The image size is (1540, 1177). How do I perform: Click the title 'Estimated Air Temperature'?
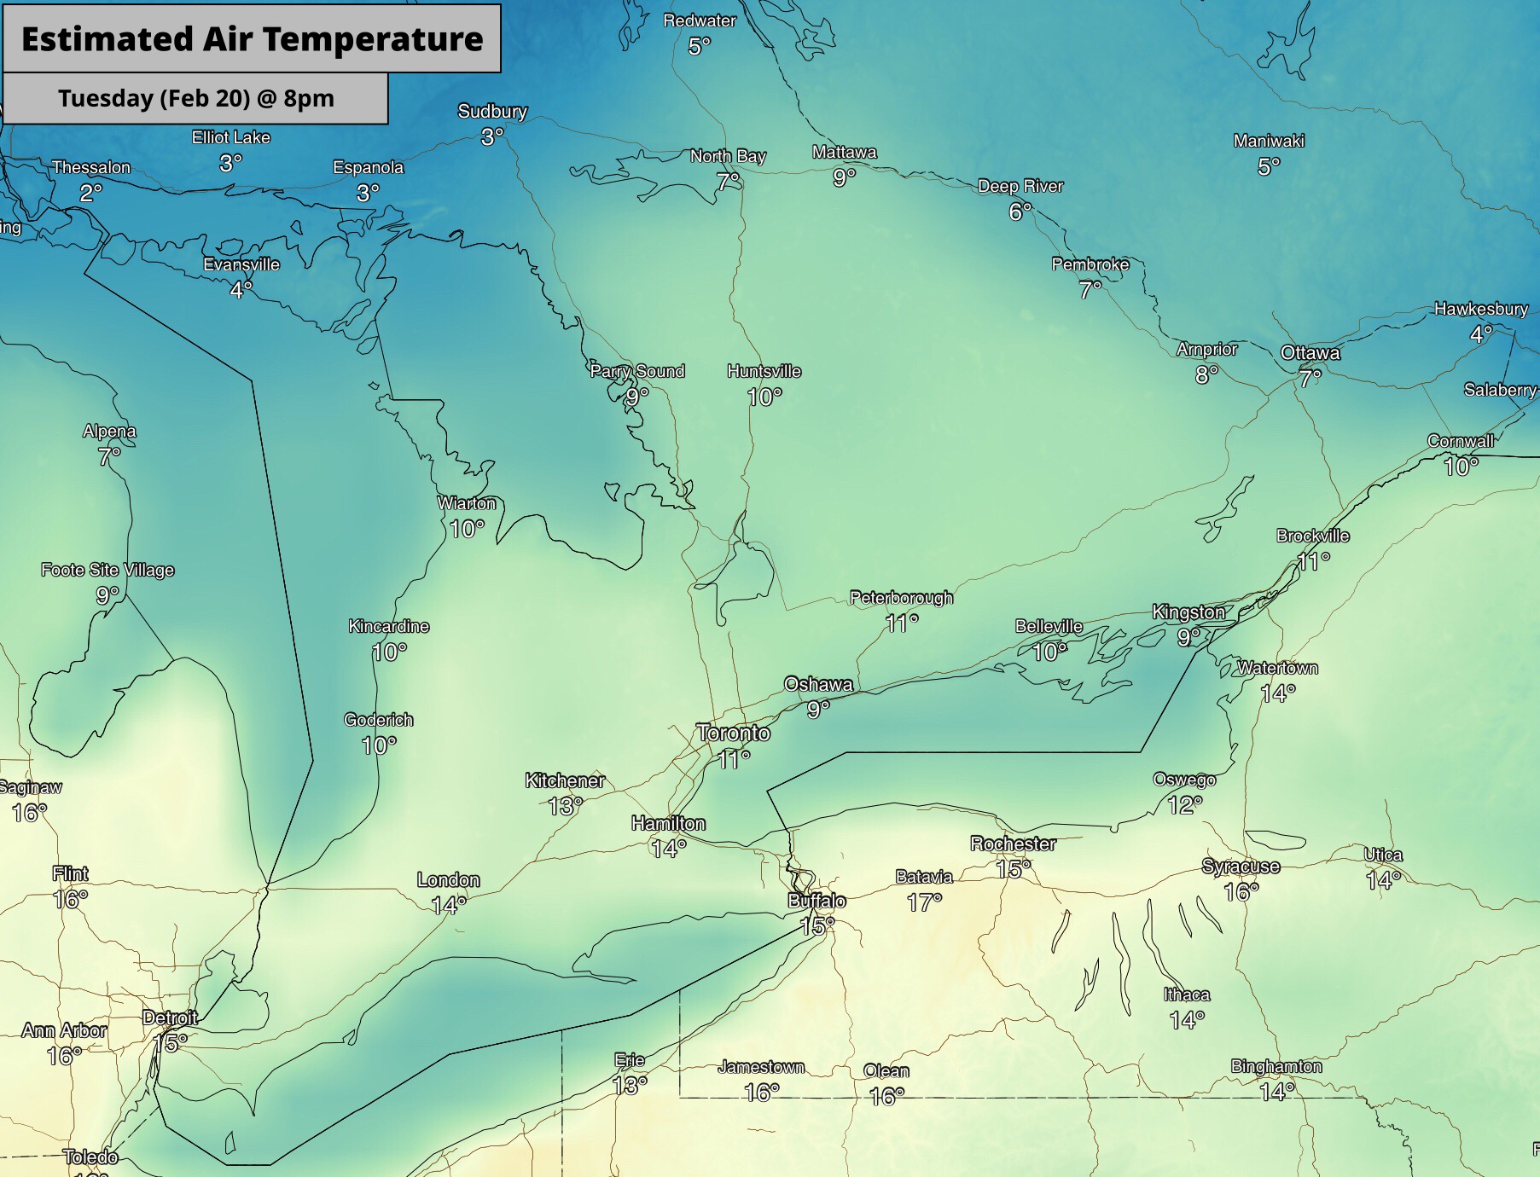tap(252, 39)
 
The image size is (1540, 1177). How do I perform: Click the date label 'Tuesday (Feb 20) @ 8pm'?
tap(196, 98)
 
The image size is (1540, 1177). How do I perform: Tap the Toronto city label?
tap(733, 733)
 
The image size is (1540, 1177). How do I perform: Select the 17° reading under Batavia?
tap(924, 902)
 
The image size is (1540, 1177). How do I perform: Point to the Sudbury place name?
tap(492, 111)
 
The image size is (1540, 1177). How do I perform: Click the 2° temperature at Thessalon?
tap(90, 193)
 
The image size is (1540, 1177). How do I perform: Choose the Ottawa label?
tap(1310, 352)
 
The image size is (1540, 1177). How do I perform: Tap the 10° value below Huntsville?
tap(764, 397)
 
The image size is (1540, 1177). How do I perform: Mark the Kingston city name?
tap(1188, 612)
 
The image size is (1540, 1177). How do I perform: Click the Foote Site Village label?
tap(108, 570)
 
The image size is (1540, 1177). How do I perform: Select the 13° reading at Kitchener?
tap(565, 805)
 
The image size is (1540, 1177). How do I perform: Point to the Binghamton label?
tap(1276, 1066)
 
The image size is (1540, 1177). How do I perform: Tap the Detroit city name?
tap(170, 1018)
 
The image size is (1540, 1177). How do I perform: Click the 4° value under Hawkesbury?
tap(1481, 333)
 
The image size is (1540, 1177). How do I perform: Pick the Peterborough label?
tap(901, 598)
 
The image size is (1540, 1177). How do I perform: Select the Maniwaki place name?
tap(1269, 141)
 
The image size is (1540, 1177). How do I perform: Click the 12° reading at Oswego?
tap(1184, 804)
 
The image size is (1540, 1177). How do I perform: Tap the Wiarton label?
tap(467, 503)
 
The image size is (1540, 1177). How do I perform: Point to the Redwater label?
tap(700, 20)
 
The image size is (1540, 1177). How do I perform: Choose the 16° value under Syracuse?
tap(1241, 891)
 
